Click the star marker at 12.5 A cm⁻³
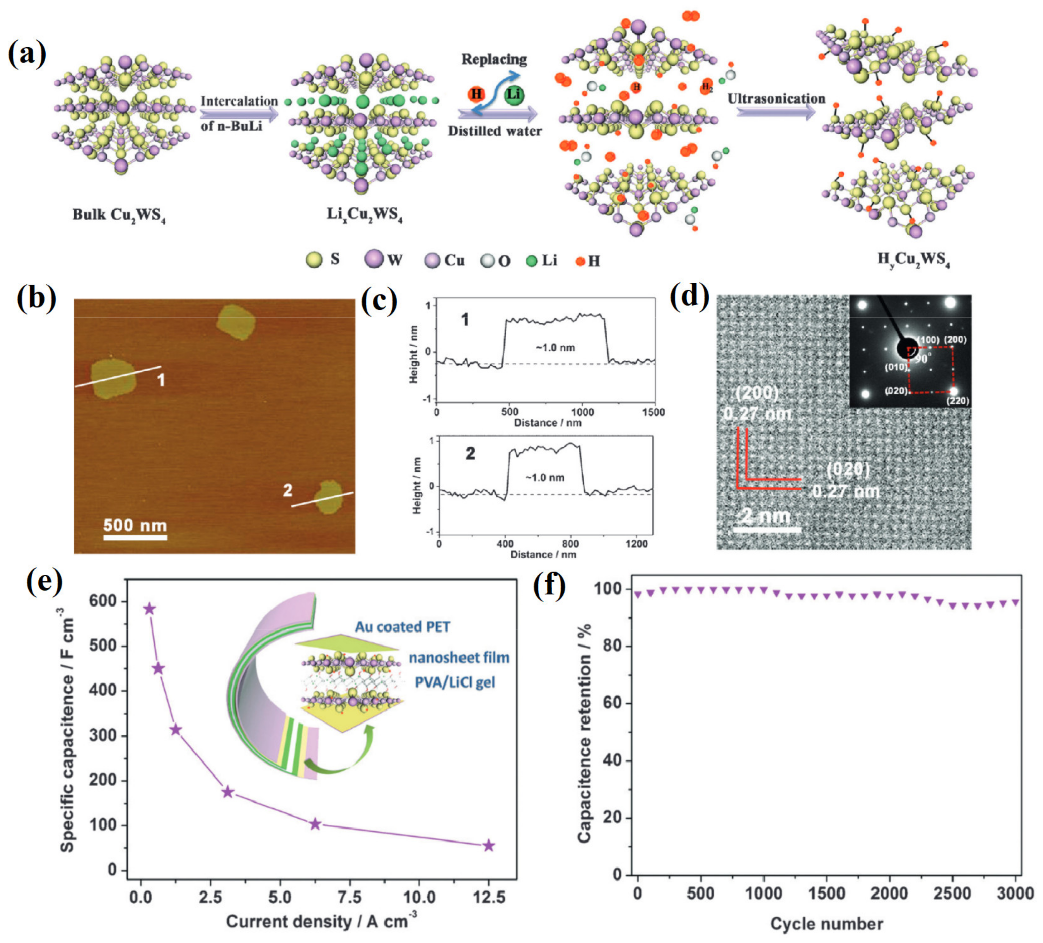click(488, 846)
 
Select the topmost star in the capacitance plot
click(149, 609)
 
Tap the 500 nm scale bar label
click(135, 525)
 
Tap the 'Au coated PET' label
click(403, 627)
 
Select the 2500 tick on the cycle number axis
click(952, 893)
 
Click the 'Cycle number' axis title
click(826, 924)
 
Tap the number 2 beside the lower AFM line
click(288, 490)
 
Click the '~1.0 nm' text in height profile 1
click(555, 348)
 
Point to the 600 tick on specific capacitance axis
click(103, 601)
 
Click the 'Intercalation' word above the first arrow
click(239, 101)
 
